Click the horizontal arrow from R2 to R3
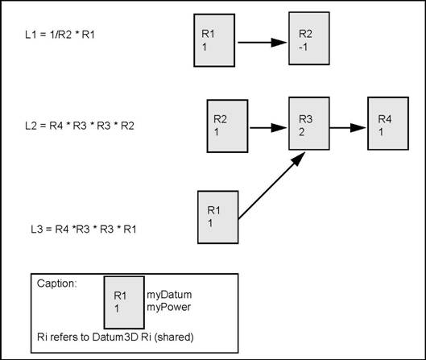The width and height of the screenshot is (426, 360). [x=268, y=126]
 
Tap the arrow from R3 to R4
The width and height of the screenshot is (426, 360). [x=349, y=126]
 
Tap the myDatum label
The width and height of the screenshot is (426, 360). [x=167, y=295]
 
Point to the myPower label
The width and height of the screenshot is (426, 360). [x=166, y=307]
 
